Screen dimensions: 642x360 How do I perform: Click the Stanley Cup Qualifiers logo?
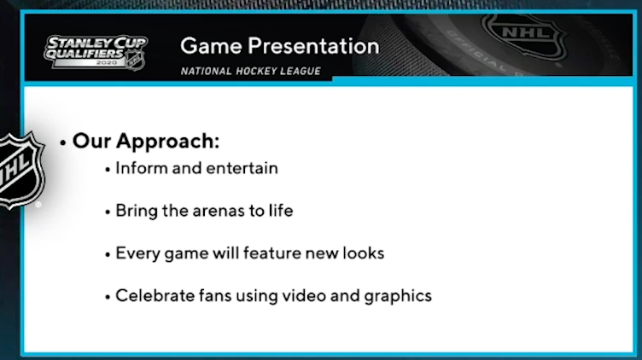pos(96,52)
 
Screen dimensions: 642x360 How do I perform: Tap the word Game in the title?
pos(211,46)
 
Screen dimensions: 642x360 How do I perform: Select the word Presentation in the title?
pos(313,46)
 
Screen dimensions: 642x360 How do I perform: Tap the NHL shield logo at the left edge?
pos(20,171)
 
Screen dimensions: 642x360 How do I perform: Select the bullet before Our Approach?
pos(62,143)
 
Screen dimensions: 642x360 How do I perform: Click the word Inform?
pos(142,168)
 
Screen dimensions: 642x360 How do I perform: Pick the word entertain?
pos(238,169)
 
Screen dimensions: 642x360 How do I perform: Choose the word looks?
pos(364,253)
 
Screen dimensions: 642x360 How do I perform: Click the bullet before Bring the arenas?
pos(108,212)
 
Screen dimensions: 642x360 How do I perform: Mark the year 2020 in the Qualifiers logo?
pos(106,62)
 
